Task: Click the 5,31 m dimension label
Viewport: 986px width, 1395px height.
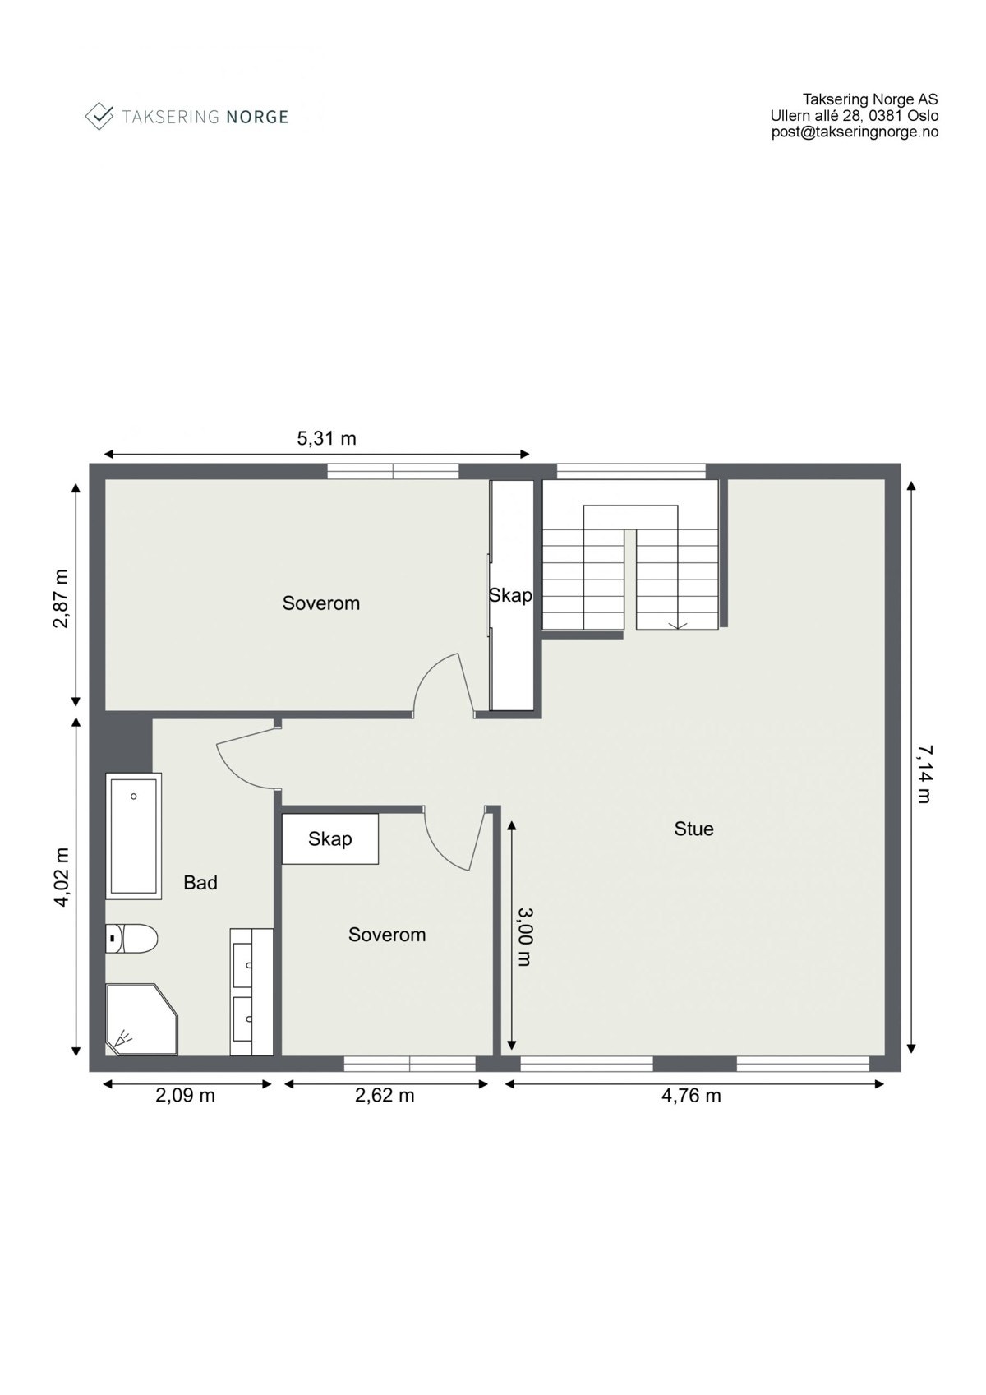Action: coord(326,438)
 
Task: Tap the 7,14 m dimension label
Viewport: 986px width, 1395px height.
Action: coord(924,773)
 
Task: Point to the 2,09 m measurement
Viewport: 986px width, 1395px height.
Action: coord(185,1095)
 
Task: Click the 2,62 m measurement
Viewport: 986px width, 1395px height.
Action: coord(385,1095)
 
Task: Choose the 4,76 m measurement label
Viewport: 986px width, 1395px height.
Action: coord(691,1095)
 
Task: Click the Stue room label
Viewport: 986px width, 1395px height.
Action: coord(693,829)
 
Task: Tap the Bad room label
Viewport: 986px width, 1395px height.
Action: coord(200,883)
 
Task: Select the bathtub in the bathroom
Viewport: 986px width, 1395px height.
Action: coord(134,833)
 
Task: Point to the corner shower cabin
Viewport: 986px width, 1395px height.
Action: coord(140,1019)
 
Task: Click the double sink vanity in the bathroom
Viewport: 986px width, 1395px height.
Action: coord(251,991)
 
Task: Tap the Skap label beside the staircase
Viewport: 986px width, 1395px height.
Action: coord(510,595)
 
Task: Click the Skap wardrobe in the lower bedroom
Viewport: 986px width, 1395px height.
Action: coord(329,838)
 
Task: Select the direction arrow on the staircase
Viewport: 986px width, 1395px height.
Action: coord(678,626)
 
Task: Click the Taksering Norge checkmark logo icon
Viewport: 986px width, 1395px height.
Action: coord(99,116)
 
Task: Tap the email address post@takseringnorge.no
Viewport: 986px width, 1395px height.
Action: coord(855,132)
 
